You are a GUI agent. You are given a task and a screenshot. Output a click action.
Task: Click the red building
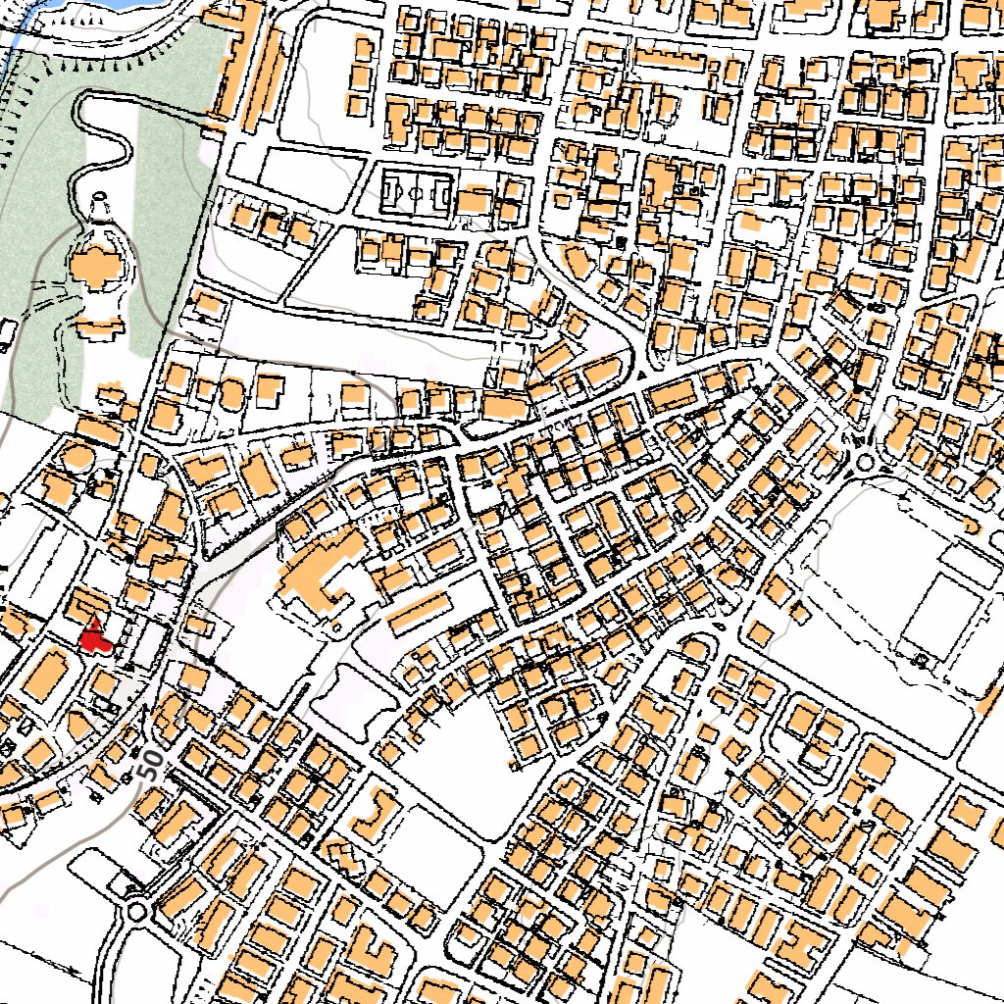click(94, 637)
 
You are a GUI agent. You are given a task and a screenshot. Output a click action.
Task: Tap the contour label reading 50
click(148, 764)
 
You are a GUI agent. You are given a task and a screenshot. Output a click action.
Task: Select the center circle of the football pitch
click(416, 192)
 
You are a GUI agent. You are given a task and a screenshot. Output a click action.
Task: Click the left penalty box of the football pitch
click(391, 191)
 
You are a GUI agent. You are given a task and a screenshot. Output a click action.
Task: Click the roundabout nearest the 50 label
click(136, 913)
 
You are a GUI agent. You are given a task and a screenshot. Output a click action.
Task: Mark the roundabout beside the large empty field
click(864, 462)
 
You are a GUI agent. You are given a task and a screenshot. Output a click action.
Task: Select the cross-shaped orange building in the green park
click(95, 266)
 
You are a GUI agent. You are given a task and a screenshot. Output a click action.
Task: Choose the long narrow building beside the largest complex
click(419, 610)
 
